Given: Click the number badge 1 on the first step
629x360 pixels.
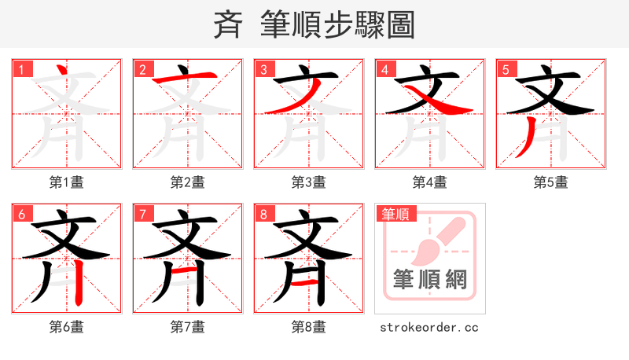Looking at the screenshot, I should pyautogui.click(x=21, y=69).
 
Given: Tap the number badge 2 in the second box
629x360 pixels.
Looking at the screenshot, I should pyautogui.click(x=142, y=69).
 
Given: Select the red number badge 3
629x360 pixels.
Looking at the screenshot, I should pyautogui.click(x=263, y=69).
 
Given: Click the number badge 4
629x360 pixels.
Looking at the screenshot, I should pyautogui.click(x=384, y=69).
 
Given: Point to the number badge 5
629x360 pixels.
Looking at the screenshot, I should pyautogui.click(x=506, y=69).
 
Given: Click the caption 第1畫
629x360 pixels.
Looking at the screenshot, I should pyautogui.click(x=66, y=182).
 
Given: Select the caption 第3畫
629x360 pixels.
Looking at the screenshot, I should pyautogui.click(x=308, y=182).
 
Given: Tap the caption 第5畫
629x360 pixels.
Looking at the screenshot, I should pyautogui.click(x=550, y=182).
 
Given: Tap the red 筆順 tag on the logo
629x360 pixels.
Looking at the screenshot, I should pyautogui.click(x=395, y=214).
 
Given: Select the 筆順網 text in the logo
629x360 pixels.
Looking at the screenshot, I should pyautogui.click(x=430, y=279).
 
